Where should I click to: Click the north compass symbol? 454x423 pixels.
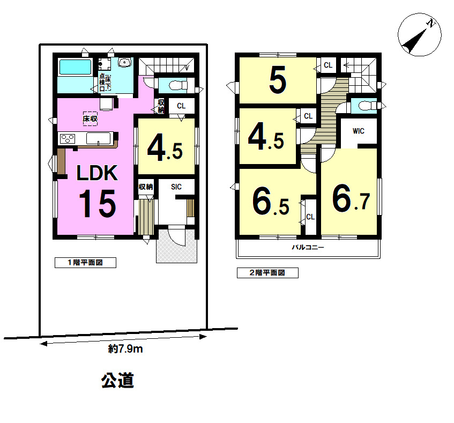coord(420,35)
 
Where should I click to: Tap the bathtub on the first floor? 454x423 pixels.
coord(75,67)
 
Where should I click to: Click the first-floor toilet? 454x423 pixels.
coord(177,85)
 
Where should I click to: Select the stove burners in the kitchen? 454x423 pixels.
coord(68,139)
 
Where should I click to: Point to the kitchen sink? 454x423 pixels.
coord(99,138)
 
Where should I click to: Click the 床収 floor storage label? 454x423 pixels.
coord(90,118)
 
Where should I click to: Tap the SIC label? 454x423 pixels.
coord(176,187)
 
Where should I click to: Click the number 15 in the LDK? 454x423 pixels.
coord(98,204)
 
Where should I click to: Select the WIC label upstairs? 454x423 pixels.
coord(359,131)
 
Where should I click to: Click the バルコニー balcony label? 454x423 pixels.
coord(308,247)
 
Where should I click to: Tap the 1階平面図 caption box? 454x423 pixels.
coord(85,263)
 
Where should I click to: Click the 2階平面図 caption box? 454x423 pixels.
coord(267,273)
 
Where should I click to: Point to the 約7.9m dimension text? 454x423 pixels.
coord(125,349)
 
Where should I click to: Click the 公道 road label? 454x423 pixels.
coord(117,380)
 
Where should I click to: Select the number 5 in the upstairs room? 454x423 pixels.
coord(278,80)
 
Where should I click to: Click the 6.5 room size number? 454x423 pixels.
coord(271,201)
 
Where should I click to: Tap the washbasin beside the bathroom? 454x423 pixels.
coord(125,62)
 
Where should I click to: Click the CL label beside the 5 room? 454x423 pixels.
coord(328,65)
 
